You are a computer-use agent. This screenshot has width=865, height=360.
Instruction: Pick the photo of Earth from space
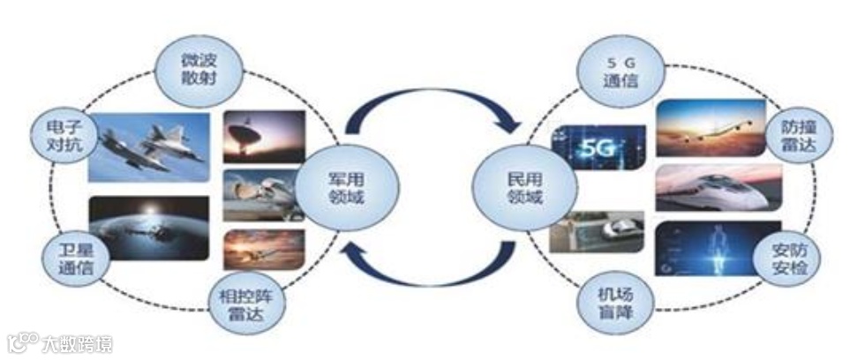[x=148, y=228]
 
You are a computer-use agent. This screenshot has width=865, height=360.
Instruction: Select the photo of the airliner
[x=711, y=127]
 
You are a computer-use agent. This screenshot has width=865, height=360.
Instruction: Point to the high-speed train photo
[x=718, y=188]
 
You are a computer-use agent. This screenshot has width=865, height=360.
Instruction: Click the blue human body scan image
[x=717, y=248]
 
